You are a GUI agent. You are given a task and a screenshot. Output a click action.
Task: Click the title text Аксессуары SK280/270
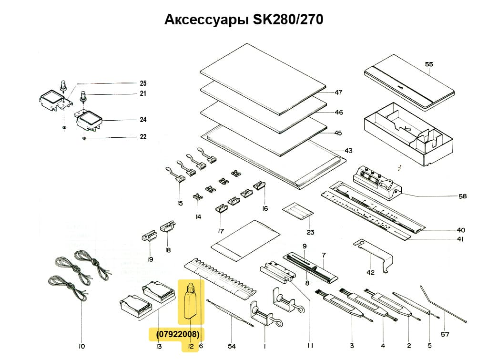click(x=244, y=20)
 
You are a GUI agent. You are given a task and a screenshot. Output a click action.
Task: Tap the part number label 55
click(x=428, y=64)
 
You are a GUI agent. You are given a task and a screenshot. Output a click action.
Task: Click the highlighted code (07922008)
click(x=177, y=334)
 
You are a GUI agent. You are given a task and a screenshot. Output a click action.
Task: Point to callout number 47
click(x=338, y=93)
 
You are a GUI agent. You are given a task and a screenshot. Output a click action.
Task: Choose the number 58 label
click(x=462, y=196)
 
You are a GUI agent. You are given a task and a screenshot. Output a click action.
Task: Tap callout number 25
click(x=143, y=83)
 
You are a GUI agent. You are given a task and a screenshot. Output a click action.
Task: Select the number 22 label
click(x=143, y=137)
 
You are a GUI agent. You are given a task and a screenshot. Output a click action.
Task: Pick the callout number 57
click(x=444, y=334)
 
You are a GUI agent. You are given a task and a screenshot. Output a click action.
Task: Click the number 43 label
click(x=348, y=151)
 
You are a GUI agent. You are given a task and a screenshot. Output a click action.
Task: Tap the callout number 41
click(x=460, y=239)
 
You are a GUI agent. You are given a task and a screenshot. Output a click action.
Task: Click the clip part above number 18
click(x=167, y=226)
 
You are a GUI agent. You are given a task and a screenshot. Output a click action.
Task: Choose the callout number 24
click(x=143, y=120)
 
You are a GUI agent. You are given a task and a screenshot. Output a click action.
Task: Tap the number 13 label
click(x=159, y=346)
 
